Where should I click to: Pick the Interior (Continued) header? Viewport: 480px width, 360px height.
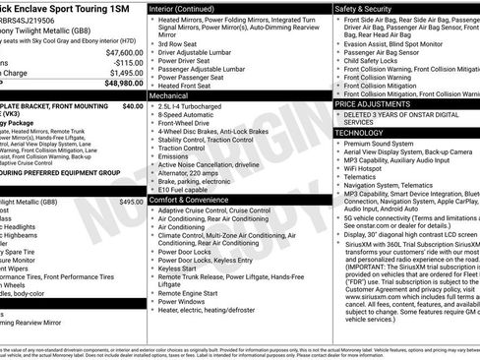[190, 7]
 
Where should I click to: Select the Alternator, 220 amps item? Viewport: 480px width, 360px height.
[192, 171]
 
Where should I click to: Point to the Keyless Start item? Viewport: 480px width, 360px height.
[177, 267]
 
